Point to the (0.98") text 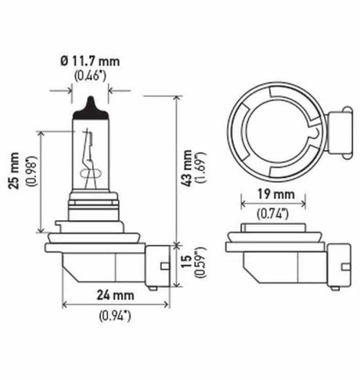pyautogui.click(x=29, y=180)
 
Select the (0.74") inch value pyautogui.click(x=271, y=212)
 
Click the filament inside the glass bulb pyautogui.click(x=91, y=157)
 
